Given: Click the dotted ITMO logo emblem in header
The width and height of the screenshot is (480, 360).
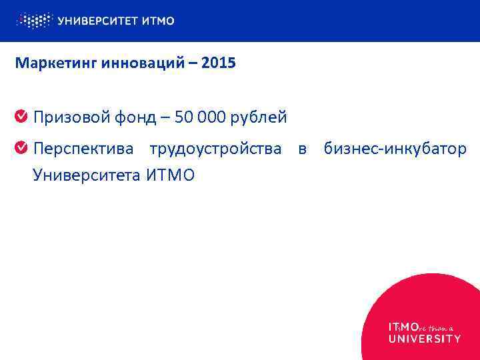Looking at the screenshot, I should (33, 21).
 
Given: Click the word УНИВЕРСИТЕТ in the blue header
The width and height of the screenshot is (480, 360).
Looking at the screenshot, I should (98, 21).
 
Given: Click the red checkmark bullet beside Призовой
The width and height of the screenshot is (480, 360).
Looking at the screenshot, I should (21, 117).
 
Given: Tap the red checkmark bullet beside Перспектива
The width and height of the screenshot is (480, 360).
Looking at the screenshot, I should (21, 147).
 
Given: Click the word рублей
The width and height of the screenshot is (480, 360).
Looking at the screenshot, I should (262, 118).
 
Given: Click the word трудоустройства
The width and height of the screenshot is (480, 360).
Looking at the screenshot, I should (215, 148).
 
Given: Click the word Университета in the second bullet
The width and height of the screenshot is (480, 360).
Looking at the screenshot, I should (86, 176).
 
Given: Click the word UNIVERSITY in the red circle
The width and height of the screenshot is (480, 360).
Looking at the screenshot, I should (424, 339).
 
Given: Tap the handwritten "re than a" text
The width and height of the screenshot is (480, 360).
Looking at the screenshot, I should (436, 327).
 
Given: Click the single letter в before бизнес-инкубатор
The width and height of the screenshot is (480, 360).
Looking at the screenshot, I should (302, 148).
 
